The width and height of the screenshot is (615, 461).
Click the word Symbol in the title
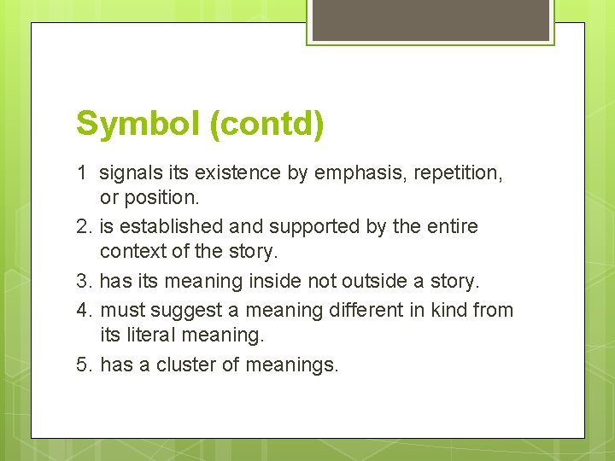coord(136,123)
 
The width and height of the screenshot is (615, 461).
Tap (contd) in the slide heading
coord(264,124)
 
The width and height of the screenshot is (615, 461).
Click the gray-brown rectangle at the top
coord(430,20)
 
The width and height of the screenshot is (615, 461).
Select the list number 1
coord(81,173)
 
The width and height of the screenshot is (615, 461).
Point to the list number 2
coord(84,227)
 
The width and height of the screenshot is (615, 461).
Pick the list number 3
coord(84,281)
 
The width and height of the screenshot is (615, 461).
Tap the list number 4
coord(84,310)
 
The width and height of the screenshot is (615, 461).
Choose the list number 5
coord(84,365)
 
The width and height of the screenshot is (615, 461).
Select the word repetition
coord(458,173)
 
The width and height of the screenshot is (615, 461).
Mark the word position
coord(160,197)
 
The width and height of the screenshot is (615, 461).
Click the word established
coord(173,227)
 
